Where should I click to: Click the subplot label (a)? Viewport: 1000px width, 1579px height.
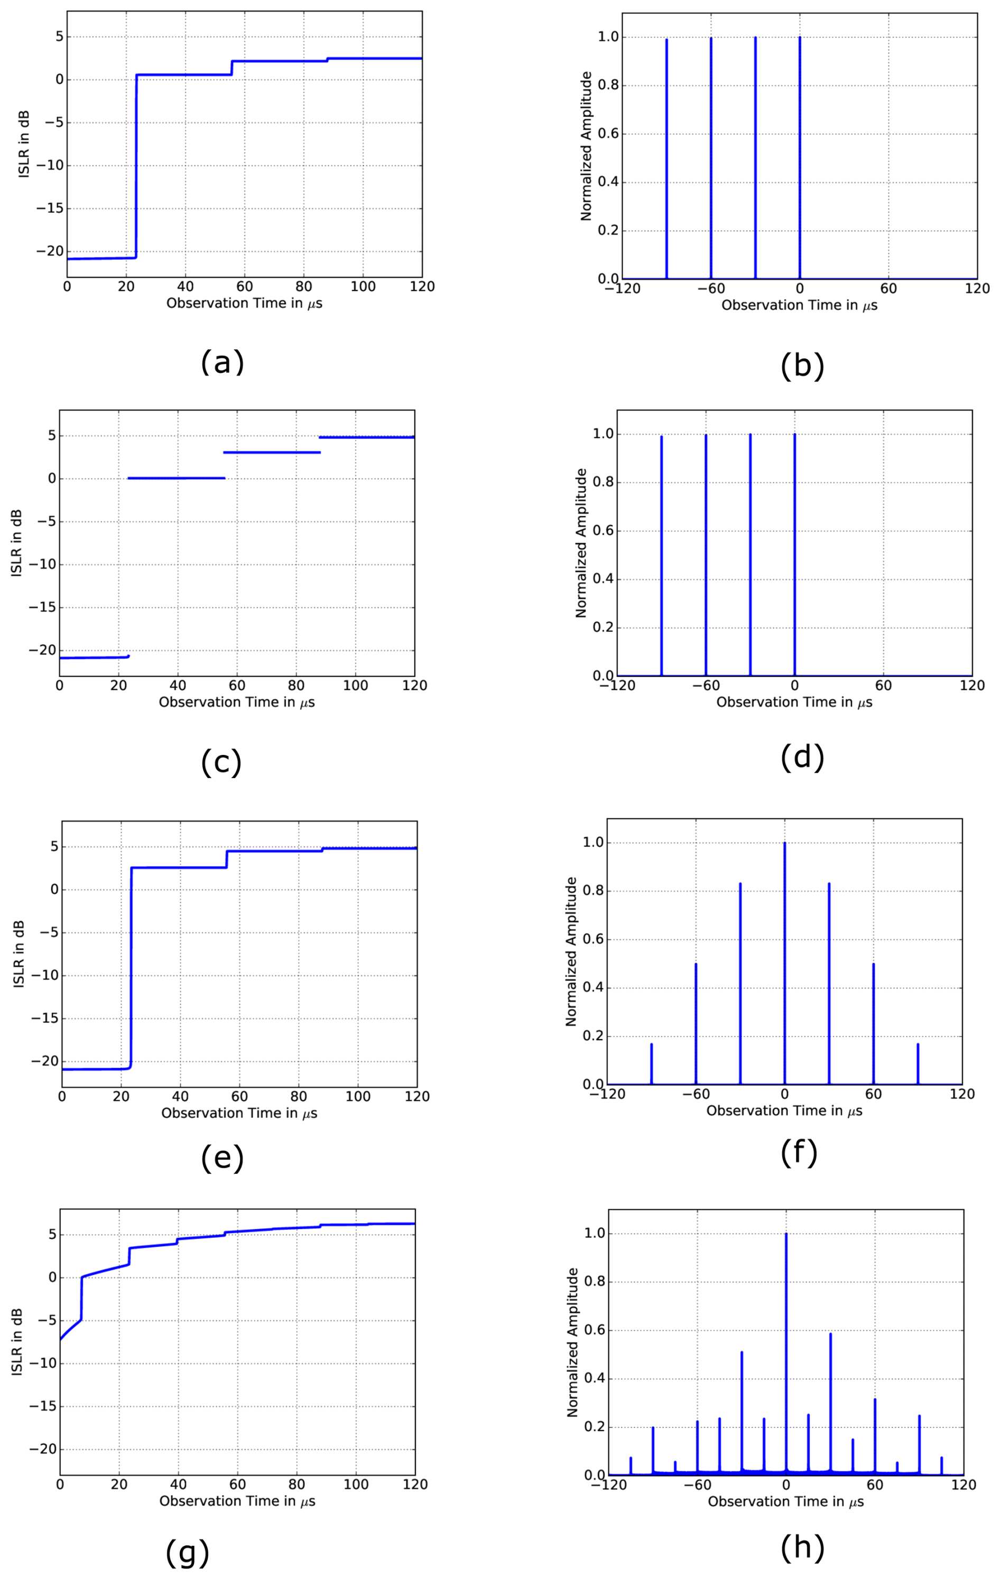(x=223, y=362)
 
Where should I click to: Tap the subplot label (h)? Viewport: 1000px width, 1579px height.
(x=802, y=1547)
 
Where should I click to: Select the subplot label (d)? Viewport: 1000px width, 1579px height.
(x=802, y=758)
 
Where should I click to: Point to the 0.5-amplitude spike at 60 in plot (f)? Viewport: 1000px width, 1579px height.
(x=873, y=1023)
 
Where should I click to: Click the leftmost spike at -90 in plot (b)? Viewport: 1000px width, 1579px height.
(x=666, y=157)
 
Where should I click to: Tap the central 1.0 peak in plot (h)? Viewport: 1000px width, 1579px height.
(x=785, y=1344)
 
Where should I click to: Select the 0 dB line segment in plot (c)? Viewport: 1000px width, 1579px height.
(x=176, y=478)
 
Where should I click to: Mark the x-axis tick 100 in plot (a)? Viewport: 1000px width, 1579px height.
(x=363, y=286)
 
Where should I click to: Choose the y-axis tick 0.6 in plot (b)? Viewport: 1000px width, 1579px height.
(x=608, y=134)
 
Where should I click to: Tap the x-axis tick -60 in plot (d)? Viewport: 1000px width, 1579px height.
(x=706, y=686)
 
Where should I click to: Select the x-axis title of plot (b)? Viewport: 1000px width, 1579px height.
(x=799, y=305)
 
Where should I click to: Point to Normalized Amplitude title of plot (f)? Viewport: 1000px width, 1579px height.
(x=571, y=951)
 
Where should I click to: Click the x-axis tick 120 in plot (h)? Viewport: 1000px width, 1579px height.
(x=963, y=1484)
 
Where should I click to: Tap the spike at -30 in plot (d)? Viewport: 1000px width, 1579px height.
(x=750, y=557)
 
